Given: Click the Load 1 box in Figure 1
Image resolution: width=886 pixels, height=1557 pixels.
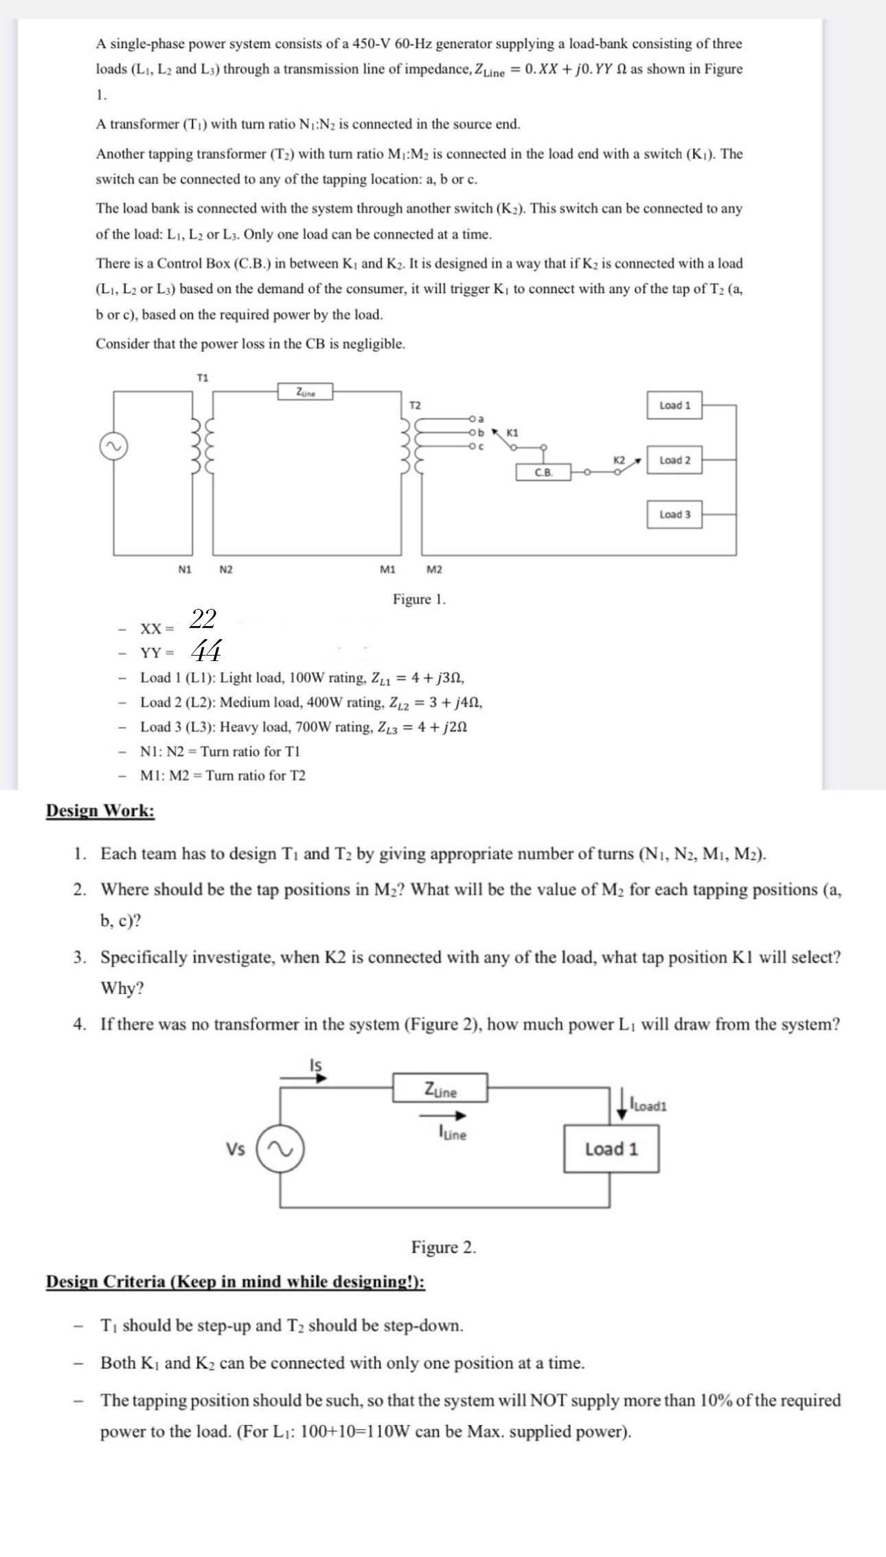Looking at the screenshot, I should point(674,405).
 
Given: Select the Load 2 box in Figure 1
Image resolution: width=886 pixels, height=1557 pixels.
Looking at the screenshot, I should point(674,460).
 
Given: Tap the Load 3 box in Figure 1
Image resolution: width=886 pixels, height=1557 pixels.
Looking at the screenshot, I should point(674,514).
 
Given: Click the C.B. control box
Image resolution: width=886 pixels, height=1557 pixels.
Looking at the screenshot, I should point(543,472).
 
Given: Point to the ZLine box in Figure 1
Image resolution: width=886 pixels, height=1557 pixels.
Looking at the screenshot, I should point(305,392).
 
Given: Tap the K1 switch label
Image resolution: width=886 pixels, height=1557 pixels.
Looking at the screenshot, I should point(512,432).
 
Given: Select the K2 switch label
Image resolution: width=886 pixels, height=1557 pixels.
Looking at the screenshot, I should point(619,460).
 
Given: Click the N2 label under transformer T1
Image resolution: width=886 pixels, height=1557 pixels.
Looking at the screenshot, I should point(226,569).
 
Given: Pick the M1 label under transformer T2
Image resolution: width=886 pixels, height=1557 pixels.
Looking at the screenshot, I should point(387,569).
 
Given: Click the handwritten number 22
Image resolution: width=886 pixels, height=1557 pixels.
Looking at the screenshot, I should point(203,619).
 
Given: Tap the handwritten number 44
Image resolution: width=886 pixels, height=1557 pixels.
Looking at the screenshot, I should point(205,649).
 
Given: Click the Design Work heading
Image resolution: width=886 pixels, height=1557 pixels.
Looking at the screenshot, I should point(100,811).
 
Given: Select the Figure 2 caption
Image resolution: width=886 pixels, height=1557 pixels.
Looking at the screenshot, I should point(443,1247).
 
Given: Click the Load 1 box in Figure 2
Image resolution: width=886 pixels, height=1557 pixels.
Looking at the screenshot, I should point(611,1149).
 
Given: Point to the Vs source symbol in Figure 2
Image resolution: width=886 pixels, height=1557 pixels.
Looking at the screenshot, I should point(280,1149).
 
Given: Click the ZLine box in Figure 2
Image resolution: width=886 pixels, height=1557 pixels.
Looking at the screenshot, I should point(440,1089).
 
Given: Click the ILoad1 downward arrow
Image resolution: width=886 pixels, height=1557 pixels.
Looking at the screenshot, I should point(622,1105).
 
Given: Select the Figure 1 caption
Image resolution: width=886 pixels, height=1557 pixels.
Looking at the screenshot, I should point(419,599).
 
